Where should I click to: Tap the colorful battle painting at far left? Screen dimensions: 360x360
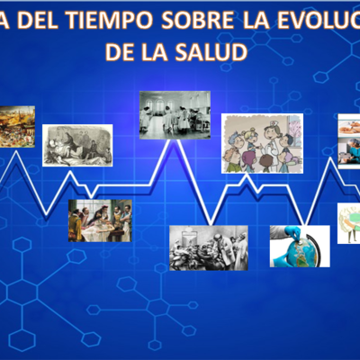tap(16, 126)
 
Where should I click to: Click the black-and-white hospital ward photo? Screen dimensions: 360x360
tap(175, 115)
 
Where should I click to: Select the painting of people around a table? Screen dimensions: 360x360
tap(100, 220)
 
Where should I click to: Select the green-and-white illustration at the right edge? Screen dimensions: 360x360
tap(349, 223)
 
